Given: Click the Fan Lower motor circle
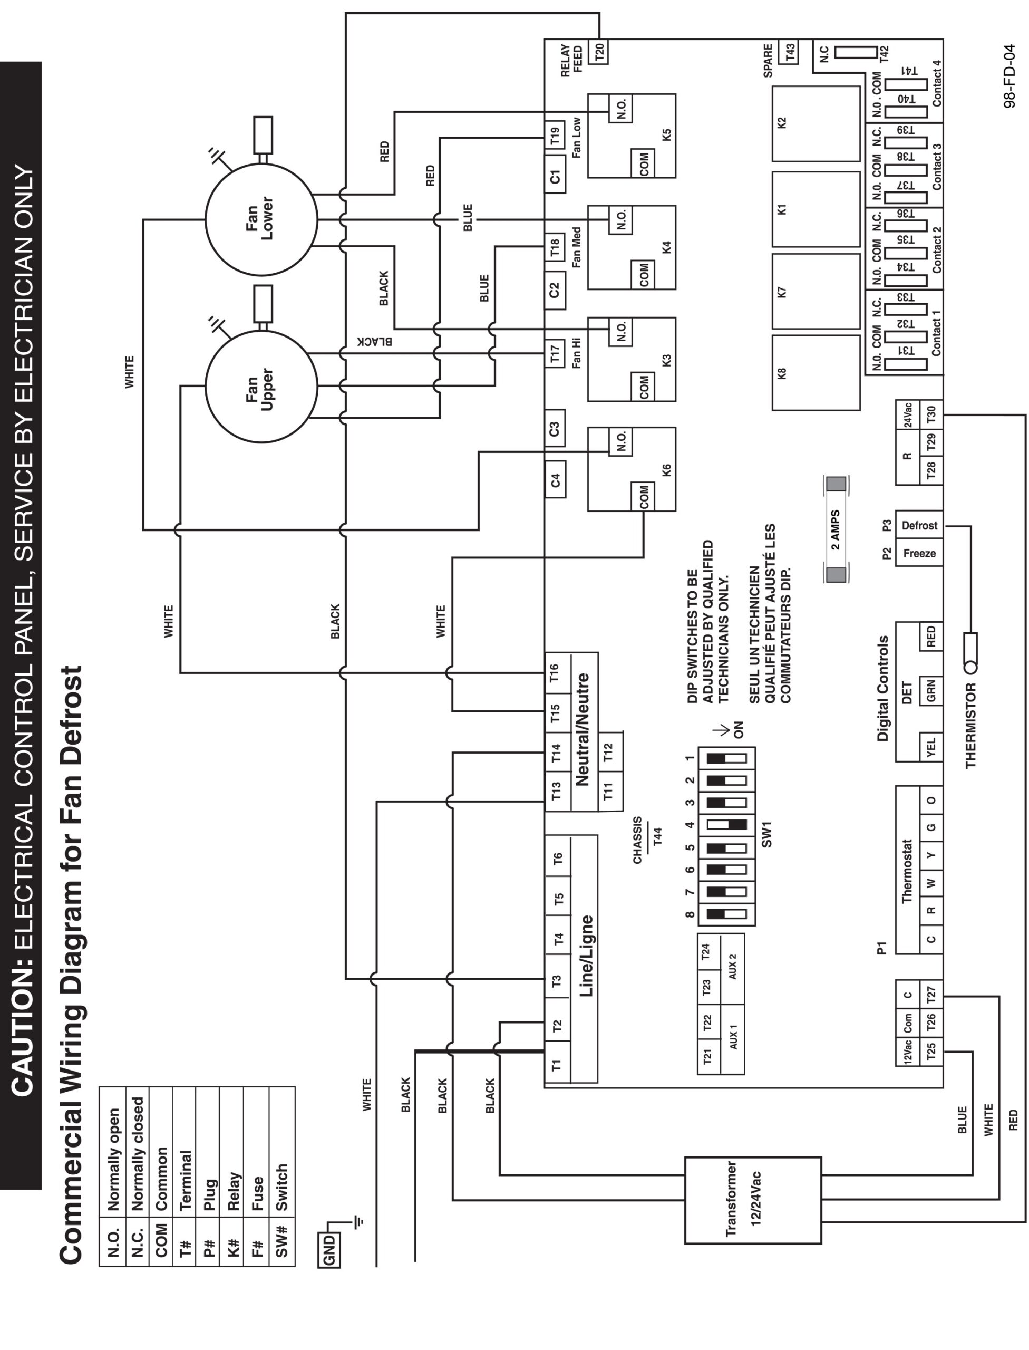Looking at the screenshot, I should (x=261, y=219).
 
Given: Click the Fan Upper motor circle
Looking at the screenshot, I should (x=261, y=386).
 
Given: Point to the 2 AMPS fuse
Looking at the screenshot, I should (x=836, y=529).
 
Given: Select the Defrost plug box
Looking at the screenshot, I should (x=919, y=525).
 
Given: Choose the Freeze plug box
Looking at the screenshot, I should (x=919, y=553).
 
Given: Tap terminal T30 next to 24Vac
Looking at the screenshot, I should (x=931, y=416).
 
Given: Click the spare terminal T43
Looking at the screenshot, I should (x=790, y=52).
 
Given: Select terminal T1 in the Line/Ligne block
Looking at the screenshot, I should (x=557, y=1066).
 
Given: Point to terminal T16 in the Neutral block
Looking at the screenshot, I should (x=555, y=673).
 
